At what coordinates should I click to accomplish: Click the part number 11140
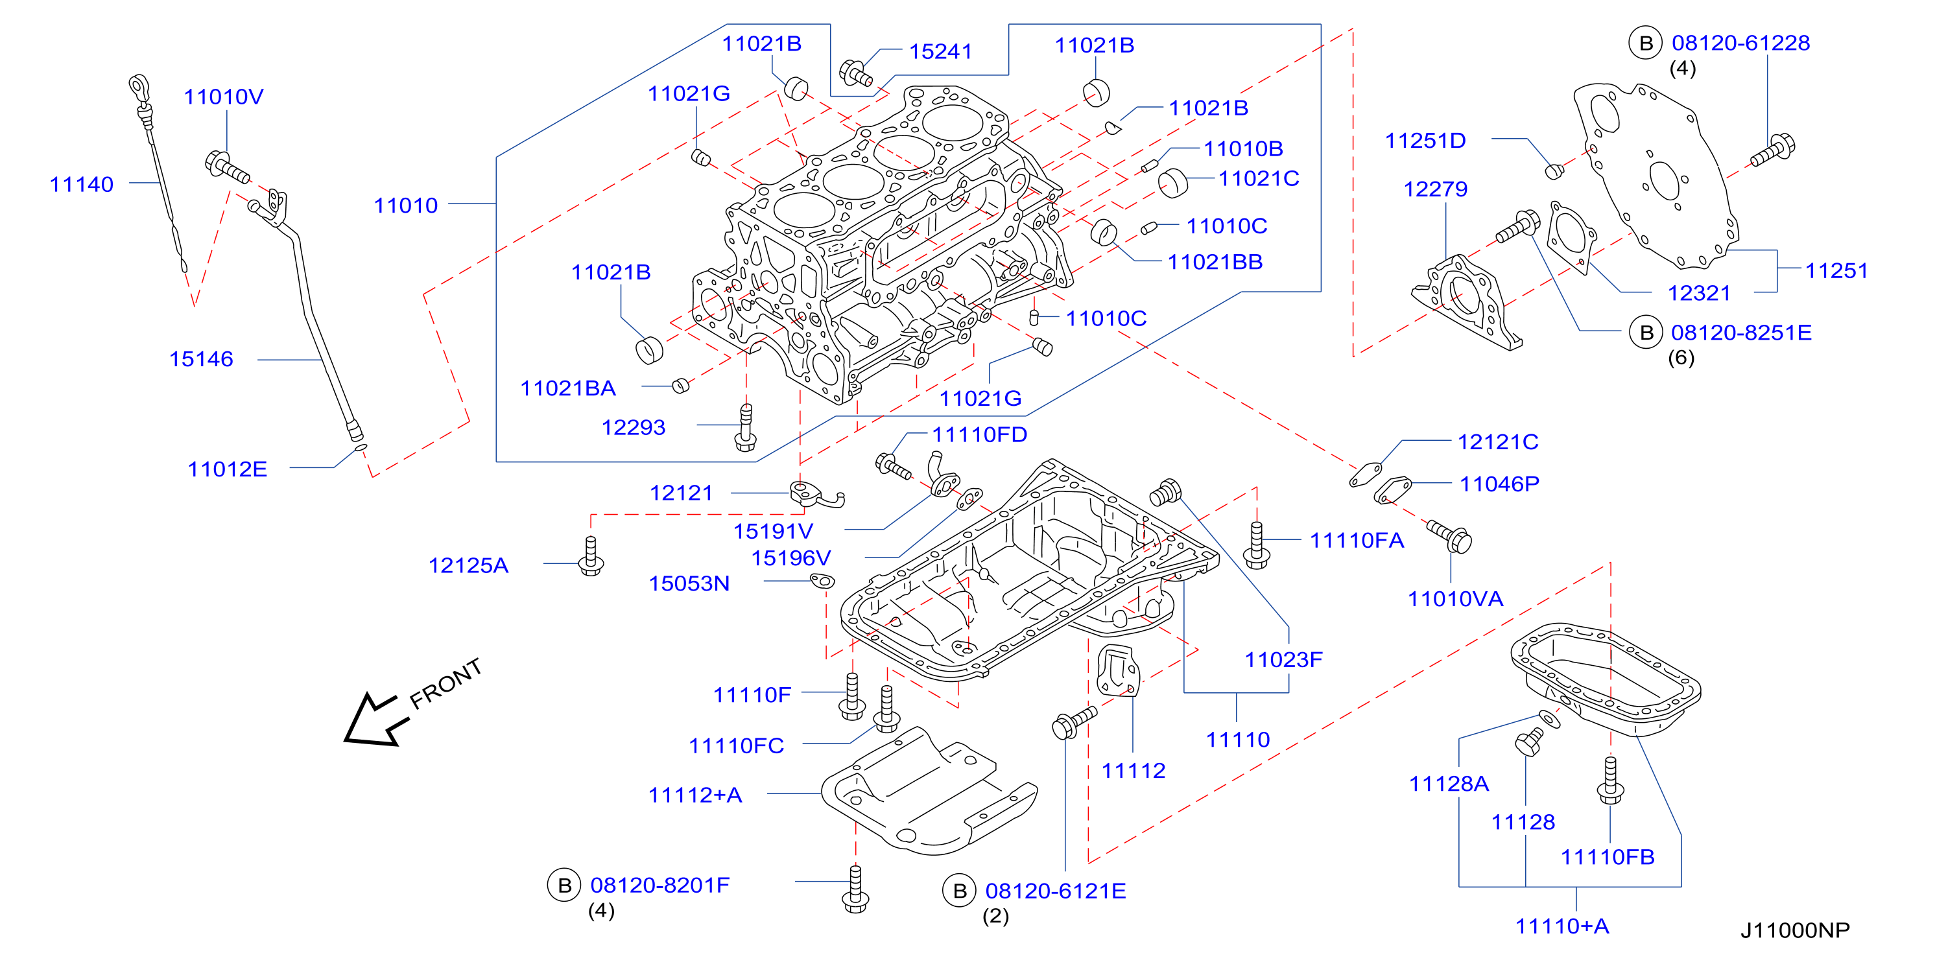point(81,185)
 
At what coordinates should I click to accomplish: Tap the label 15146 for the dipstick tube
point(201,359)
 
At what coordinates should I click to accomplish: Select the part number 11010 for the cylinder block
point(406,205)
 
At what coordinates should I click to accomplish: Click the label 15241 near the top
point(940,52)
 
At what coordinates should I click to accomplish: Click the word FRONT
point(445,683)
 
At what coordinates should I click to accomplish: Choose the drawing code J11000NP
point(1796,930)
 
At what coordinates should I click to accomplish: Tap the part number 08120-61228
point(1740,43)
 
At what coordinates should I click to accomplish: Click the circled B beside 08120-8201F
point(564,886)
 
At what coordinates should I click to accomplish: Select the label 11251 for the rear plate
point(1836,271)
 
